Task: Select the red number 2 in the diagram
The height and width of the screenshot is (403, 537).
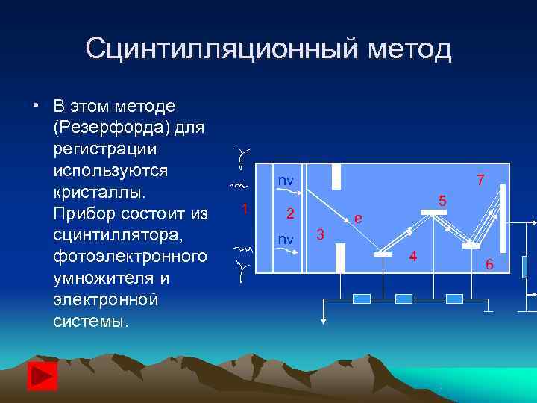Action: click(x=292, y=213)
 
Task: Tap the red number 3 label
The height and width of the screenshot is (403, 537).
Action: click(x=320, y=235)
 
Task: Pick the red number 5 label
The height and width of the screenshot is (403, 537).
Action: click(x=442, y=200)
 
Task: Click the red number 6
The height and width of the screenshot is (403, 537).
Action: click(x=489, y=263)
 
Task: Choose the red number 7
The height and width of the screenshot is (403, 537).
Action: click(x=480, y=180)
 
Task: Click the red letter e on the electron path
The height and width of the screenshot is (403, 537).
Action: click(x=359, y=218)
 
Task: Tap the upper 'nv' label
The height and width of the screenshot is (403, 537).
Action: click(x=286, y=181)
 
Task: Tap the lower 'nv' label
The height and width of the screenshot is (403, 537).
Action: click(x=286, y=239)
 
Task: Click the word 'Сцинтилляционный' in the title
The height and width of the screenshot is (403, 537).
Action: click(x=222, y=49)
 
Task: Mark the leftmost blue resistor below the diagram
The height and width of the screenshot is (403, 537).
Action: click(x=361, y=299)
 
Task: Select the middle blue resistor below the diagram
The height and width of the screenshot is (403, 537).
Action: click(x=403, y=299)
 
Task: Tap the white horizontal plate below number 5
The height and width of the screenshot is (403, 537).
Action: click(x=433, y=213)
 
